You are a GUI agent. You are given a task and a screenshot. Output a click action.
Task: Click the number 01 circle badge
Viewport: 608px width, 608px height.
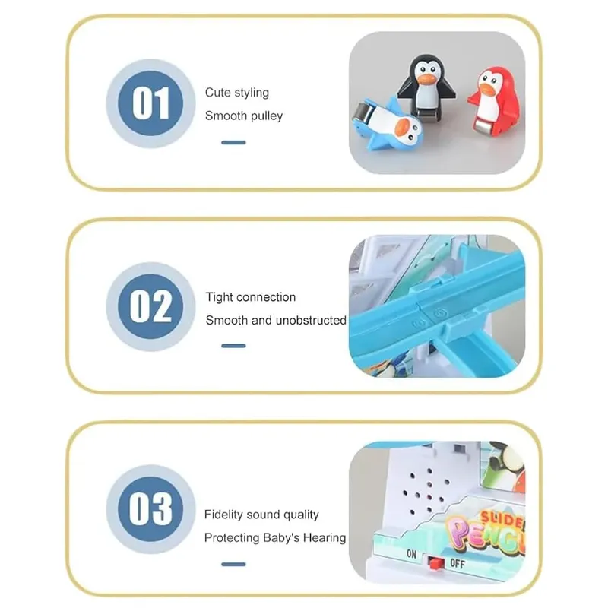[150, 103]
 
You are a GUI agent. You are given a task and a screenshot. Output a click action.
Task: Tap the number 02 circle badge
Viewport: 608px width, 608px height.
[150, 306]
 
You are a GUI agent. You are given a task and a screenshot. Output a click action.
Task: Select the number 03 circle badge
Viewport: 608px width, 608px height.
[150, 508]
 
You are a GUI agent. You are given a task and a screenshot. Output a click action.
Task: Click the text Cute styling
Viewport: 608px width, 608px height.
[237, 93]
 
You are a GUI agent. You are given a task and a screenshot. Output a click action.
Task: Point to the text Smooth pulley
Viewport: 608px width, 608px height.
[244, 116]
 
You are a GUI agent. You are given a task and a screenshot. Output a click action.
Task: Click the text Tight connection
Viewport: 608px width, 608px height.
[251, 297]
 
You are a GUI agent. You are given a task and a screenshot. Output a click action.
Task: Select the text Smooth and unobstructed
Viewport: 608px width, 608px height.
[276, 320]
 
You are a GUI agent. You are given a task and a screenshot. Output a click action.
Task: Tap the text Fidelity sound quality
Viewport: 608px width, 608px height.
[261, 515]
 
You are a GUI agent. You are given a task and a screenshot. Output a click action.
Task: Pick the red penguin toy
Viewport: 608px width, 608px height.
[494, 101]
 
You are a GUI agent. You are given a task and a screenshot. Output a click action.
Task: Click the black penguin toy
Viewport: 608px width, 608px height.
[426, 86]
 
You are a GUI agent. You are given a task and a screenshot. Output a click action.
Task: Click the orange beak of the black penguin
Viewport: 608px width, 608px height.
[426, 78]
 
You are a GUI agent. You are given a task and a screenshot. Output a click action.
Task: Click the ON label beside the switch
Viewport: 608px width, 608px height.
[412, 555]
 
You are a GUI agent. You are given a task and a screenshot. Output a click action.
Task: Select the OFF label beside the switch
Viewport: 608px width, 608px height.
[458, 563]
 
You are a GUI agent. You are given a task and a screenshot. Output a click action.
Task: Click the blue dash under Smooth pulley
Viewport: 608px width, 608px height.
[233, 142]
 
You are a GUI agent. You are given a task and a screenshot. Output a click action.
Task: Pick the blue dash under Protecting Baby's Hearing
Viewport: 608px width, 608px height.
[233, 564]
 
